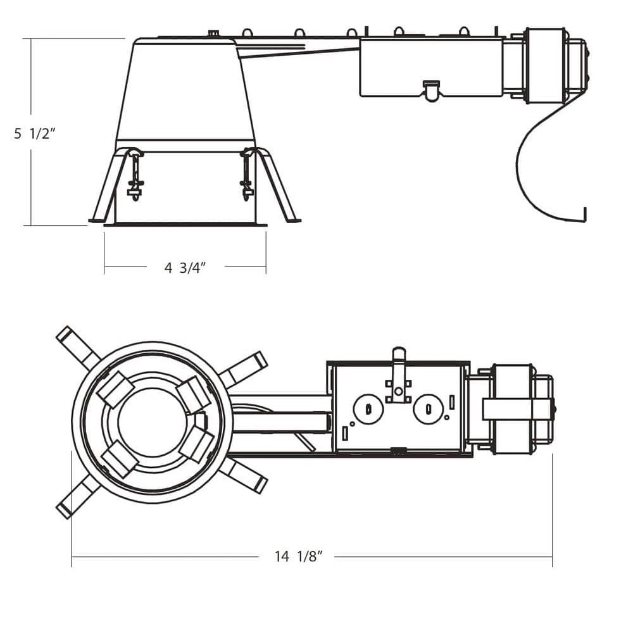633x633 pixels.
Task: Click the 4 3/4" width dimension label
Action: [x=185, y=268]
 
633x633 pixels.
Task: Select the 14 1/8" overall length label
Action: [x=299, y=557]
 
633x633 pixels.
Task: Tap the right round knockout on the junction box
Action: [x=427, y=409]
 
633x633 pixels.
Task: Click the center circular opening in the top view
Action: [x=149, y=422]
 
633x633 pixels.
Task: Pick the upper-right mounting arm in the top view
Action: [x=244, y=368]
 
